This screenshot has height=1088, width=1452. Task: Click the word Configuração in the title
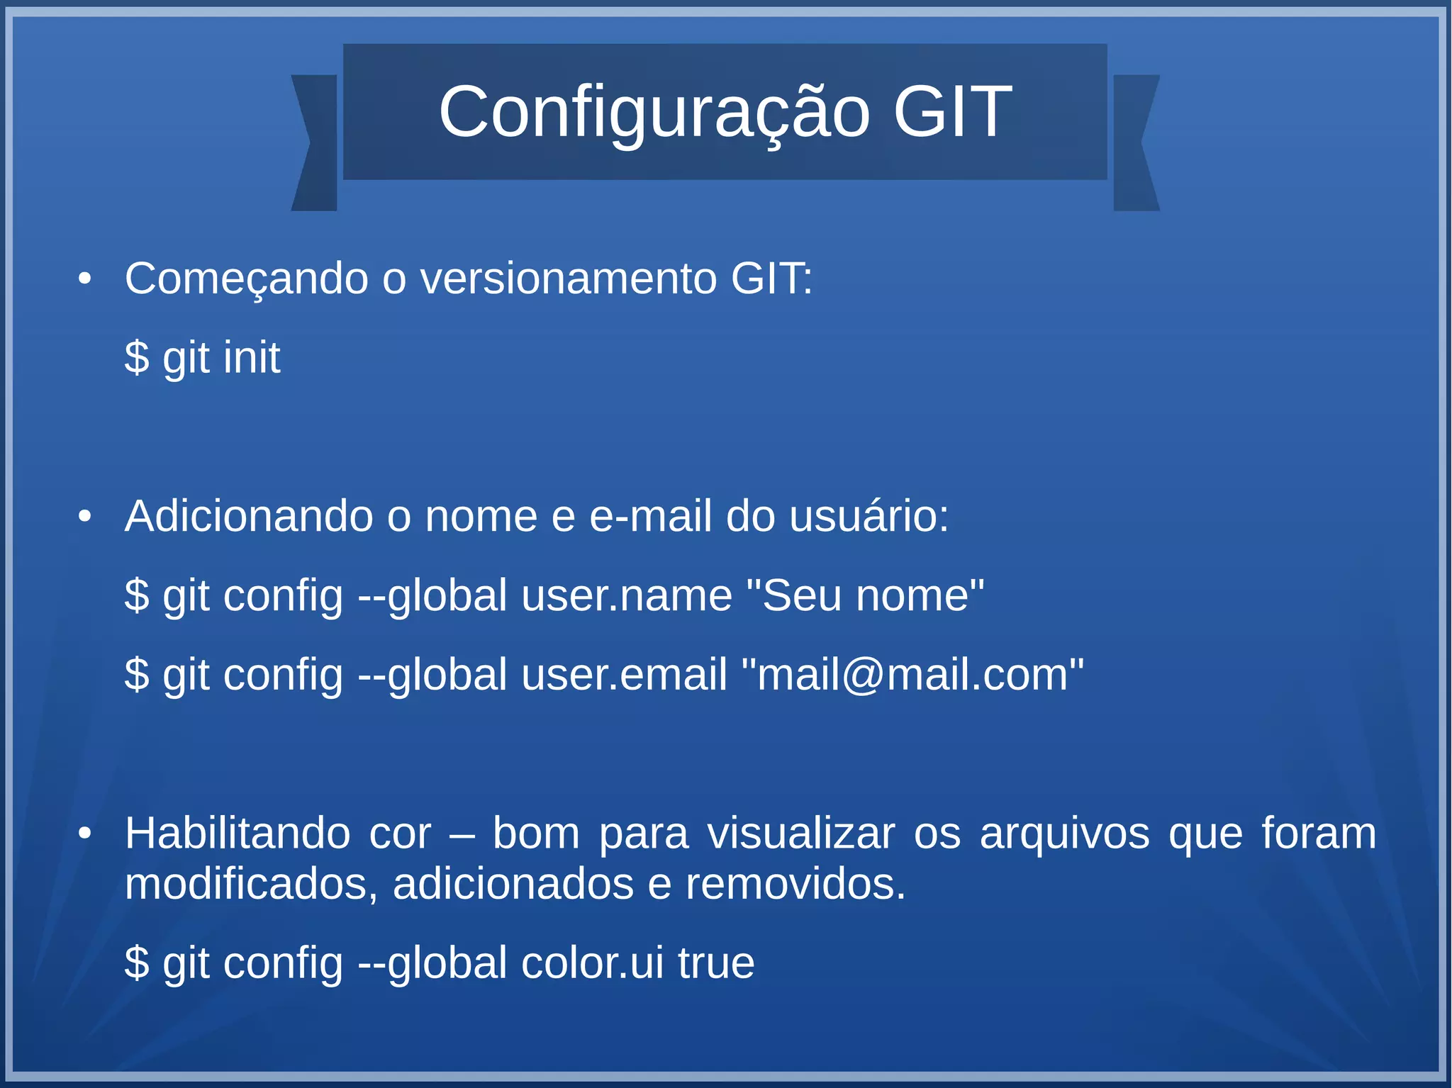pos(654,112)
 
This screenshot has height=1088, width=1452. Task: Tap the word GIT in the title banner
pos(952,112)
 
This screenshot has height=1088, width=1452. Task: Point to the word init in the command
pos(251,357)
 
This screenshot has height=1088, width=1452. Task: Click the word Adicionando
pos(249,515)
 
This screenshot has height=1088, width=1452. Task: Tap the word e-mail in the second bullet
pos(650,515)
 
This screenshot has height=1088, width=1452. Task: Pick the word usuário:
pos(869,515)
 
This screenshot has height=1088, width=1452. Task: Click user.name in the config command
pos(627,595)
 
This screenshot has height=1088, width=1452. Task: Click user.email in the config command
pos(624,674)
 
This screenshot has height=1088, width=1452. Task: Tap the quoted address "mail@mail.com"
pos(912,674)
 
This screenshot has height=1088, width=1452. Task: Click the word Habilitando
pos(238,833)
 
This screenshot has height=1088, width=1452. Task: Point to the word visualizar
pos(801,833)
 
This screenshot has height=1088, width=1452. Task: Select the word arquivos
pos(1064,833)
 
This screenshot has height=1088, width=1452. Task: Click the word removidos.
pos(795,884)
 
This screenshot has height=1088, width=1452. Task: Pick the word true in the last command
pos(716,963)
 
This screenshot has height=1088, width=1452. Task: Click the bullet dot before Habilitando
pos(85,834)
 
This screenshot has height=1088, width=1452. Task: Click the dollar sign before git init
pos(137,357)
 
